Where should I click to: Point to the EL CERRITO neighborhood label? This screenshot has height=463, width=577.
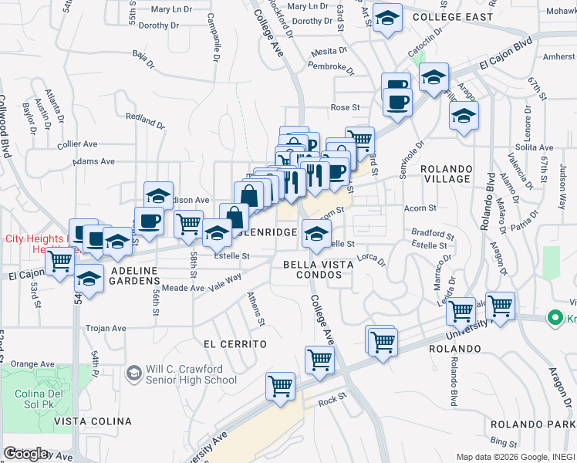(235, 343)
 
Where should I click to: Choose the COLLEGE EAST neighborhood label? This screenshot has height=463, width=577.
(452, 16)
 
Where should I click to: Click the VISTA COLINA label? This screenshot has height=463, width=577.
(97, 421)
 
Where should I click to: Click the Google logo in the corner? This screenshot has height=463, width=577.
(26, 453)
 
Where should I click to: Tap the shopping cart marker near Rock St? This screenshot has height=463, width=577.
(280, 386)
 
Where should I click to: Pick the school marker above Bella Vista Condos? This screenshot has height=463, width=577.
(315, 234)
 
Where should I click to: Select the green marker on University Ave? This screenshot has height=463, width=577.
(553, 317)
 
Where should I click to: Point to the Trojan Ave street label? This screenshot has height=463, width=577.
(106, 328)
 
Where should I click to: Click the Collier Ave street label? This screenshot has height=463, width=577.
(77, 144)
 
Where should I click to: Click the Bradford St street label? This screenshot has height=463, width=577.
(433, 233)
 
